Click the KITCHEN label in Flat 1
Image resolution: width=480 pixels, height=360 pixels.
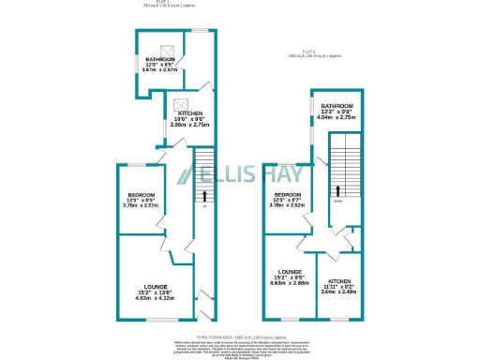[185, 112]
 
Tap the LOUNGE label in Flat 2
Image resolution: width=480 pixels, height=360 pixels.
[290, 271]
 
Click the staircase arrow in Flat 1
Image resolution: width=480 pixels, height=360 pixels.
[203, 196]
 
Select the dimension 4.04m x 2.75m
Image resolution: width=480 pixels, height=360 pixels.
[337, 119]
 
